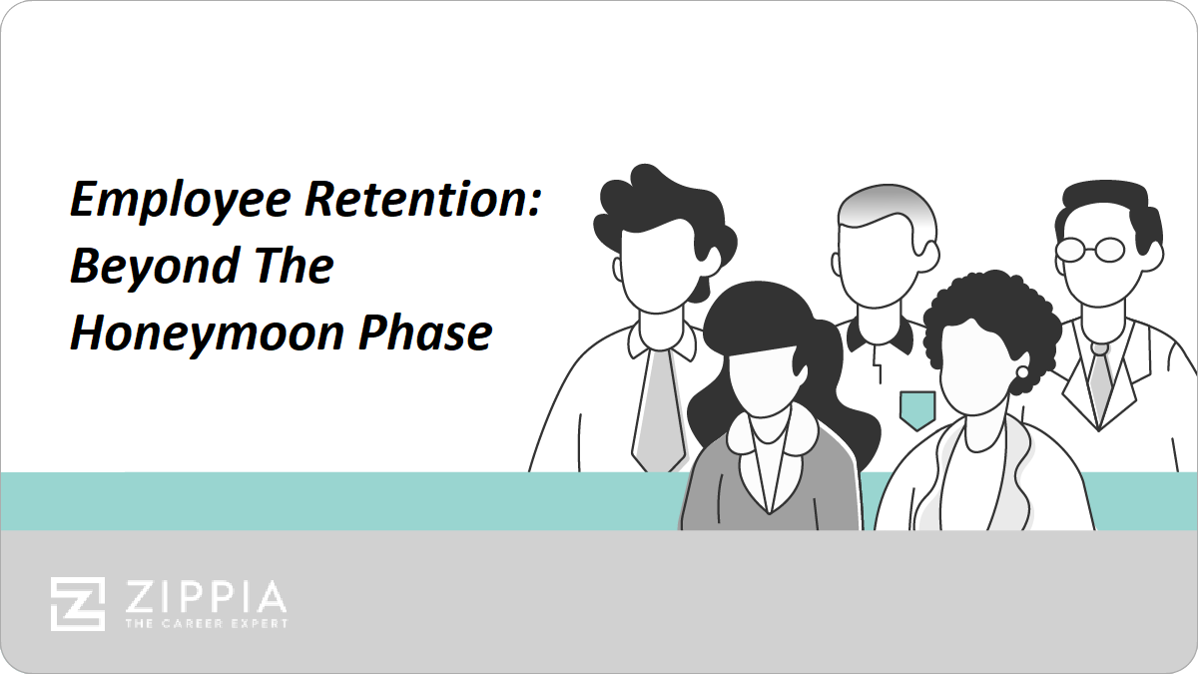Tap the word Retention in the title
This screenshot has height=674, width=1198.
tap(423, 199)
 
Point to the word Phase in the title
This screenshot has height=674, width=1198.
tap(425, 333)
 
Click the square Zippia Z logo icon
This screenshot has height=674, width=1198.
tap(78, 604)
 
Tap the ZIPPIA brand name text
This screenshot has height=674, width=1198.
tap(206, 597)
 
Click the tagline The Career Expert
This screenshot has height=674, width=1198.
tap(207, 624)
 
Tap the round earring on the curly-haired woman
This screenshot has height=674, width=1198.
tap(1022, 372)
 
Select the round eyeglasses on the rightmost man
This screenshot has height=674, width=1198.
tap(1091, 250)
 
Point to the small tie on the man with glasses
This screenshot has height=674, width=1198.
tap(1099, 382)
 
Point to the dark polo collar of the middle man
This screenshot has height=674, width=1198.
tap(881, 336)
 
